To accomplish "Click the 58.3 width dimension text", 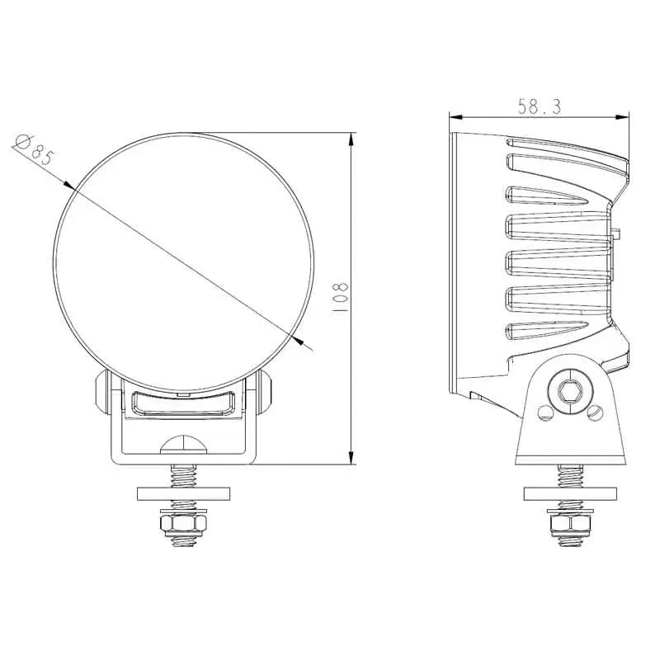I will pos(540,106).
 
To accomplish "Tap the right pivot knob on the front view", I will pos(265,393).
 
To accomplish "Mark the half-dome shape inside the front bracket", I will pos(183,442).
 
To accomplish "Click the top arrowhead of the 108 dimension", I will pos(351,137).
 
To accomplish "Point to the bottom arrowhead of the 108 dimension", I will pos(351,458).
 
